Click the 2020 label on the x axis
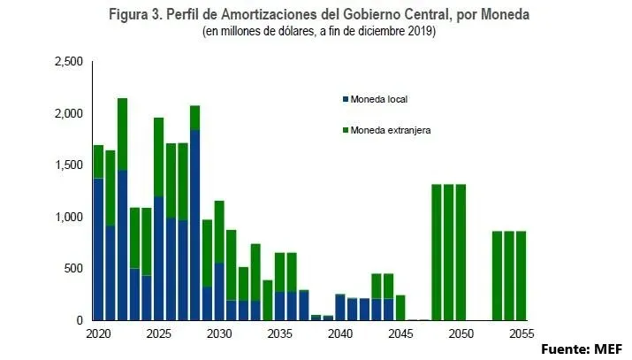(x=98, y=335)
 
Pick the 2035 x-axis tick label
(x=280, y=335)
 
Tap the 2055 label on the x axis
(x=522, y=335)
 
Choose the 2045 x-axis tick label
(x=400, y=335)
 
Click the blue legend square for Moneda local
(x=344, y=98)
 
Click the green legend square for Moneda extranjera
(x=344, y=130)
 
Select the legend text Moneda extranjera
(x=390, y=130)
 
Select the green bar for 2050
(x=461, y=252)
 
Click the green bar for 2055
(x=522, y=275)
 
